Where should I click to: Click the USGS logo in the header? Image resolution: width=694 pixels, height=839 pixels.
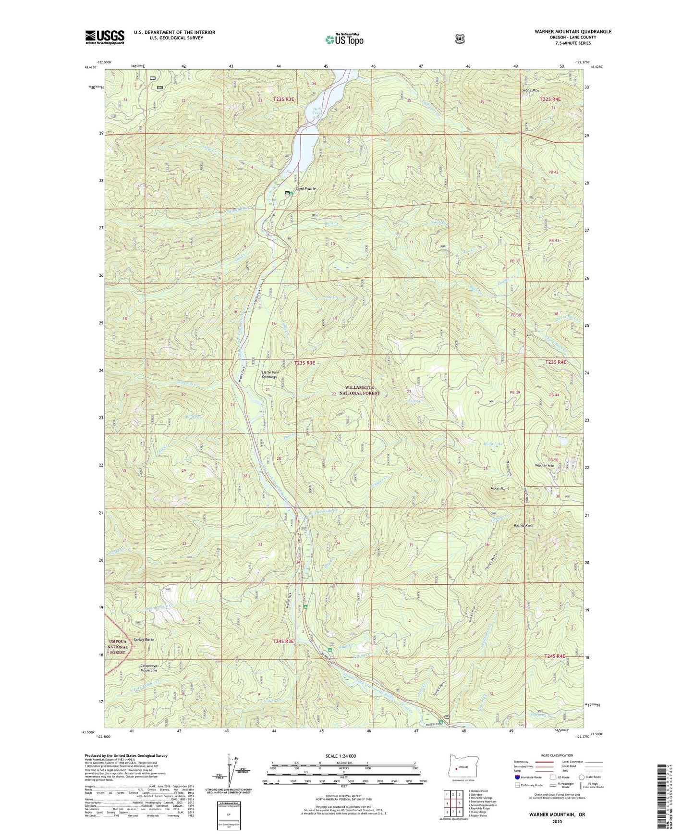click(105, 37)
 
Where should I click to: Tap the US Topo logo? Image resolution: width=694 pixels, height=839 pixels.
click(343, 39)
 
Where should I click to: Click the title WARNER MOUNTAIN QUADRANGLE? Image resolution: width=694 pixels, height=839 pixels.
click(572, 32)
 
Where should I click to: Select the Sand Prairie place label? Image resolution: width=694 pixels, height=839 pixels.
click(305, 189)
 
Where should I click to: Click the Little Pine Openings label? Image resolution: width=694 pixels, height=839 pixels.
click(270, 374)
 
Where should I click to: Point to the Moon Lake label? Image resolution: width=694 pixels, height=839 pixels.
click(492, 444)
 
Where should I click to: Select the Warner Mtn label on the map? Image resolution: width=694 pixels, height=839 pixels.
click(545, 466)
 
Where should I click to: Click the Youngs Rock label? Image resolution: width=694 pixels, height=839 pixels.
click(523, 526)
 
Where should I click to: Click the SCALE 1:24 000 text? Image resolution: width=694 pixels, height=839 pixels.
click(341, 756)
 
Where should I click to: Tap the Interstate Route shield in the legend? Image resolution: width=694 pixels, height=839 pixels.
click(517, 777)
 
